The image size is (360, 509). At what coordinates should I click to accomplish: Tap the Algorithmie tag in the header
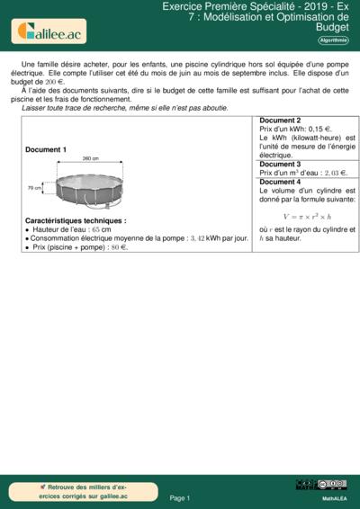click(x=333, y=40)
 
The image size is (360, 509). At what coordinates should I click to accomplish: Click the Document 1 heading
click(x=46, y=149)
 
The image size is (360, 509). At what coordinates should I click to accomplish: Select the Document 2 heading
click(x=280, y=121)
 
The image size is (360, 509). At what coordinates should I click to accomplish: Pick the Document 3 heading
click(x=280, y=165)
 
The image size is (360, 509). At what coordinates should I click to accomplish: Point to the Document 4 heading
click(x=280, y=182)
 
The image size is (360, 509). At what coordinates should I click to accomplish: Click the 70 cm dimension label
click(x=35, y=188)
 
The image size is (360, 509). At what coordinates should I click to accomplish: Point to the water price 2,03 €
click(x=330, y=173)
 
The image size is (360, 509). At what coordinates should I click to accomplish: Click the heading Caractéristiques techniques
click(x=76, y=220)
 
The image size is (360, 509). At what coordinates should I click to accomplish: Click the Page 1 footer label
click(x=180, y=497)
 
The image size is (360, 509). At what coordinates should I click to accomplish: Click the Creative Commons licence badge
click(x=333, y=486)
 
